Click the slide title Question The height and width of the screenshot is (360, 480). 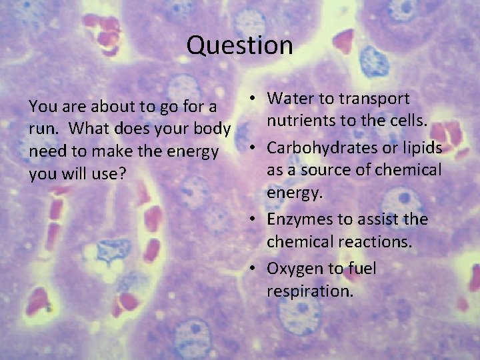[240, 45]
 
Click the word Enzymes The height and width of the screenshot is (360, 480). [298, 219]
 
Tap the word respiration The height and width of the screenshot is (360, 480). [310, 291]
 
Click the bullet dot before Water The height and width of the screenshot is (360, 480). [254, 99]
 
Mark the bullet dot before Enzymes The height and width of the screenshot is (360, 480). [254, 220]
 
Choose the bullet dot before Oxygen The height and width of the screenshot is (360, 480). [254, 269]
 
